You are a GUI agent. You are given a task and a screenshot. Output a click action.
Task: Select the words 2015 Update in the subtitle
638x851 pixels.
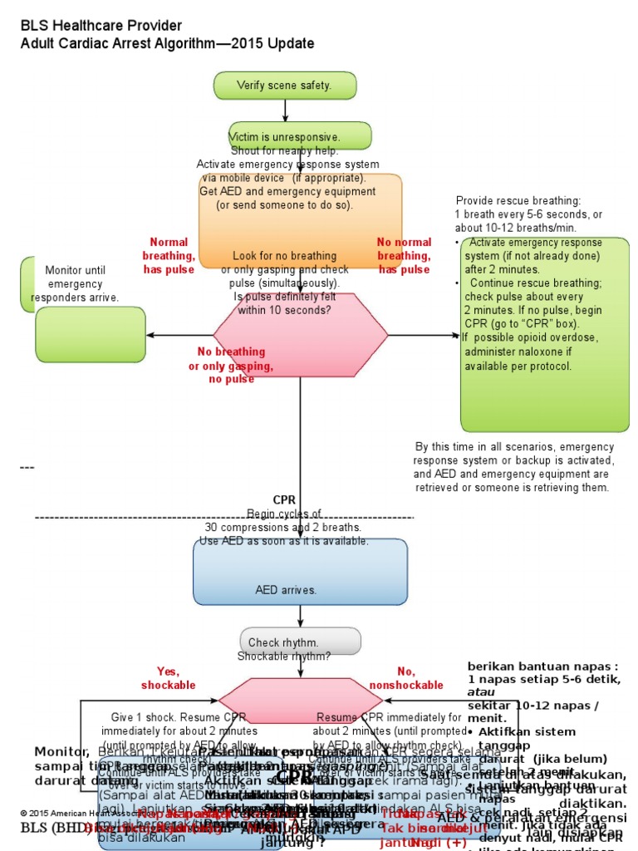pyautogui.click(x=274, y=43)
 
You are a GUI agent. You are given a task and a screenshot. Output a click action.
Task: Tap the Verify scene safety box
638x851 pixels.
pyautogui.click(x=285, y=85)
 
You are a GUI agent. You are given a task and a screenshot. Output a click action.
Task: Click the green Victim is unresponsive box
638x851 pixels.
pyautogui.click(x=300, y=135)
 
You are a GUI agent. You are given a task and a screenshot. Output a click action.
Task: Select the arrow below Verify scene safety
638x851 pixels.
pyautogui.click(x=285, y=111)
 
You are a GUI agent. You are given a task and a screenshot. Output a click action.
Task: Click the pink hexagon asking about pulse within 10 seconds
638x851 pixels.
pyautogui.click(x=300, y=334)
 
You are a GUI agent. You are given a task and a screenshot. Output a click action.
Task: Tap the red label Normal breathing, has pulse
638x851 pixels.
pyautogui.click(x=168, y=256)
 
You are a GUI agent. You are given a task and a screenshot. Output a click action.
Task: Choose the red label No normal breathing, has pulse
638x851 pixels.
pyautogui.click(x=404, y=256)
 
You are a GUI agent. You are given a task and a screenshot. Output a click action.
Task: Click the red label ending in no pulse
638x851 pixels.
pyautogui.click(x=221, y=366)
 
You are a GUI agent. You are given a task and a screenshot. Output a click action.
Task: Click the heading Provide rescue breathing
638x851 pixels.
pyautogui.click(x=518, y=201)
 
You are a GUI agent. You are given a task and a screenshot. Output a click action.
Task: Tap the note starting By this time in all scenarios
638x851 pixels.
pyautogui.click(x=513, y=467)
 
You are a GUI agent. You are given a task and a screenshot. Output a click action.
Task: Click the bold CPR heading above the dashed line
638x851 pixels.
pyautogui.click(x=284, y=499)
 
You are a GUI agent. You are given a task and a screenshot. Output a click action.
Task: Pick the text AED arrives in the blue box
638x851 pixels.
pyautogui.click(x=286, y=590)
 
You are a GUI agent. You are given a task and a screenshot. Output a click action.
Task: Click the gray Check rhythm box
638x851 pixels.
pyautogui.click(x=300, y=642)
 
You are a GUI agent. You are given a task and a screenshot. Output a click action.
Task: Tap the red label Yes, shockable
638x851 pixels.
pyautogui.click(x=168, y=678)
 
